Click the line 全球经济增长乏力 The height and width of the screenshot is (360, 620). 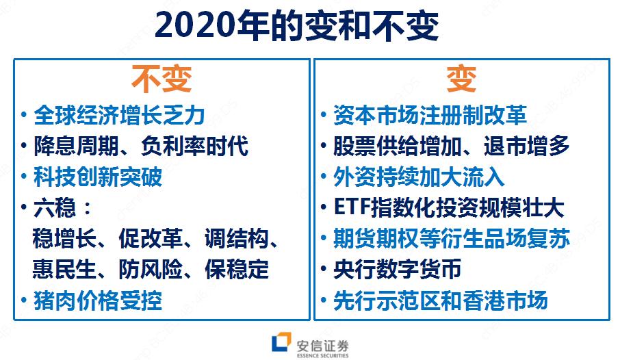pos(119,114)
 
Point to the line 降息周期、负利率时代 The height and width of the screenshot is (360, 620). pos(140,145)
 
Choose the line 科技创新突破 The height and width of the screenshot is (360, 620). pos(98,177)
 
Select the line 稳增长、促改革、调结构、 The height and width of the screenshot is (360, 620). pos(155,239)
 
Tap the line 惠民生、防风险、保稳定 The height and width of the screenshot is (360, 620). pos(151,269)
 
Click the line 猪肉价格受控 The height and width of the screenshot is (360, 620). pos(98,300)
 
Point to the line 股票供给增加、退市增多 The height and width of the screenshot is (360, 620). pos(451,145)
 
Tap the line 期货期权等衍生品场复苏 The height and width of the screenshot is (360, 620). pos(451,239)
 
